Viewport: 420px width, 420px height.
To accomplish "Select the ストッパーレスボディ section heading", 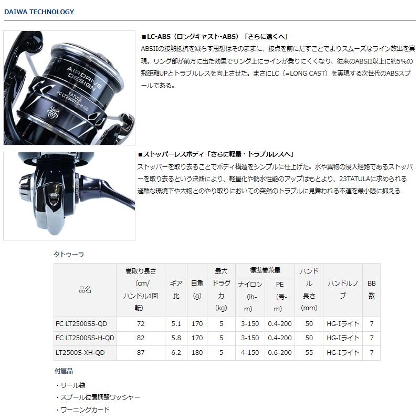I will (x=215, y=154).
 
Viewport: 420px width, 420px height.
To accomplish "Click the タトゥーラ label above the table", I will (x=69, y=254).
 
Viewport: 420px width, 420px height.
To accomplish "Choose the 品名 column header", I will (x=85, y=290).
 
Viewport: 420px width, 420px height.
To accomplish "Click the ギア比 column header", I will (x=176, y=290).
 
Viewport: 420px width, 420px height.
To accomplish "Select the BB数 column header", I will (x=371, y=290).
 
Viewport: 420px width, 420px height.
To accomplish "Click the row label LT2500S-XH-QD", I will (x=79, y=353).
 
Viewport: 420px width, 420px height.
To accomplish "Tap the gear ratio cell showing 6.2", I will (x=176, y=353).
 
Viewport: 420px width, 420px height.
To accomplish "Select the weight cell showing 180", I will (x=197, y=353).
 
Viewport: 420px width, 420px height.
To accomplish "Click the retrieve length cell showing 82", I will (x=140, y=338).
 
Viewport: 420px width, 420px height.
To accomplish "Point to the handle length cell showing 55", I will (x=309, y=353).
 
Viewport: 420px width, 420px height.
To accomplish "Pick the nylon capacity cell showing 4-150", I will (x=250, y=353).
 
